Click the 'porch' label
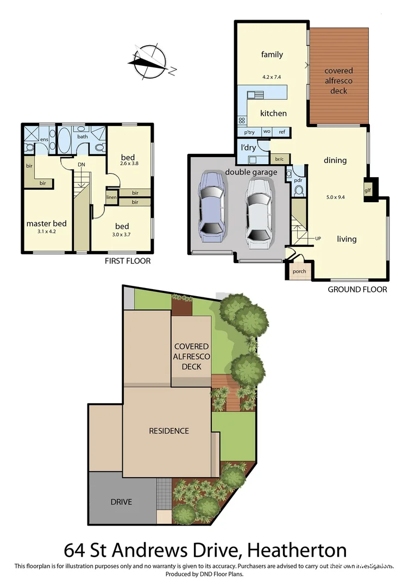(299, 271)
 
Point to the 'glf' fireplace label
(368, 190)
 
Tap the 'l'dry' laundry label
(248, 147)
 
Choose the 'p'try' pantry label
(249, 132)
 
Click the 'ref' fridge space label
(282, 132)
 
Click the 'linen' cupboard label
(111, 197)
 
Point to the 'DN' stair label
(81, 164)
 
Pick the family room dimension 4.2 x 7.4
(272, 77)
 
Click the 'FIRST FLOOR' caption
(128, 261)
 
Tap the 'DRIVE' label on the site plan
(121, 502)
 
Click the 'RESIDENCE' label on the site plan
(169, 431)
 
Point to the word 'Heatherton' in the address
(297, 550)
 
